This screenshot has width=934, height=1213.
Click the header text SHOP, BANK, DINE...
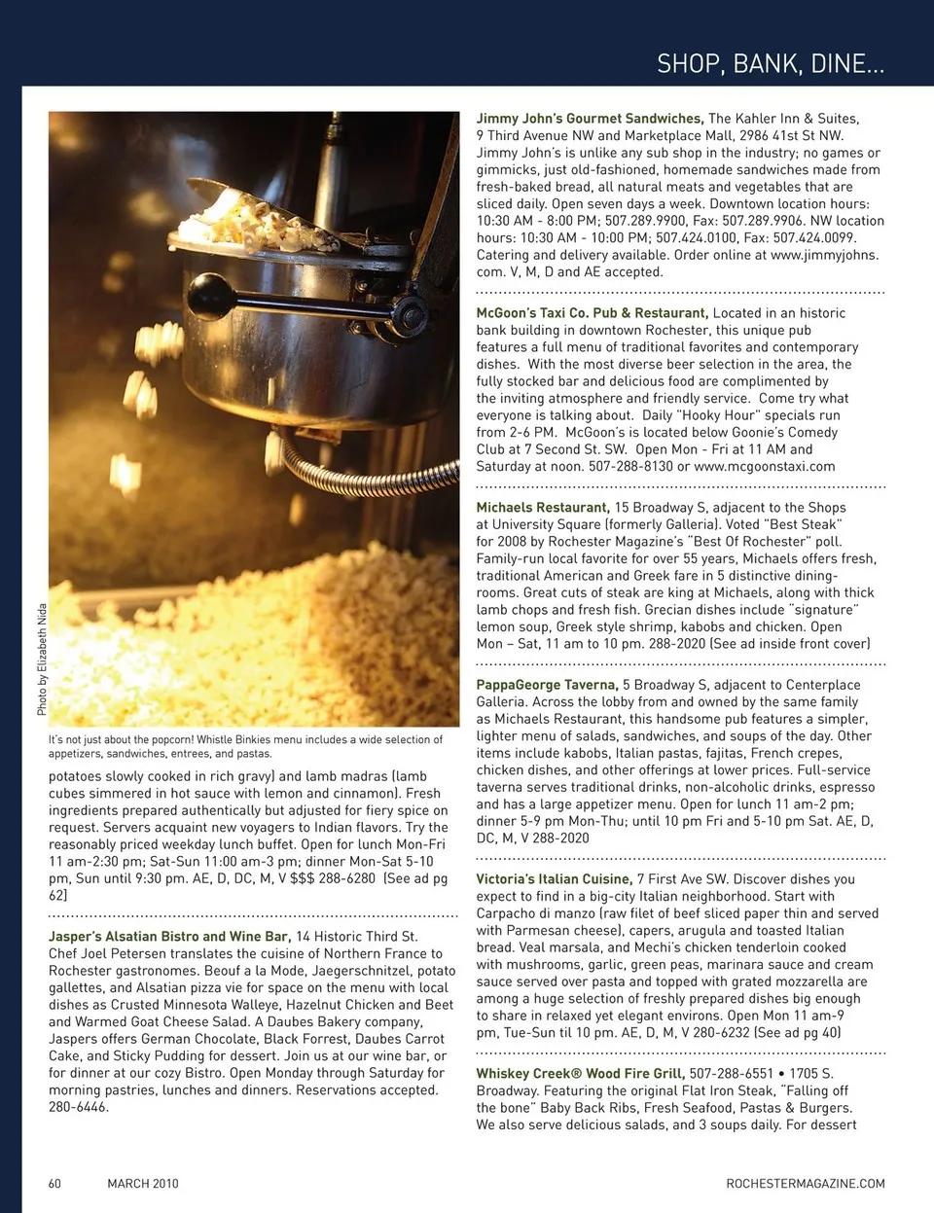(x=771, y=64)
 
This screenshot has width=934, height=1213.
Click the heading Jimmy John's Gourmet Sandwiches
(x=590, y=119)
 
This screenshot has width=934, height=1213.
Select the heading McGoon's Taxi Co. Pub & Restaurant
(x=592, y=313)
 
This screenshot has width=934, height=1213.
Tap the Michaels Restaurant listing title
(x=543, y=508)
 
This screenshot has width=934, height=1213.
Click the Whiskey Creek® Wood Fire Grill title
(x=580, y=1074)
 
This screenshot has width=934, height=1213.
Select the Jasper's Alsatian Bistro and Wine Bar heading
(x=169, y=937)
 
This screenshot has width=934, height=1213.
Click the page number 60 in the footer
(x=55, y=1184)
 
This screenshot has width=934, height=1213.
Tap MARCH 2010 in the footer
(x=143, y=1184)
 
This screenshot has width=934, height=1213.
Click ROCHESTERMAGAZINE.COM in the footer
(x=806, y=1184)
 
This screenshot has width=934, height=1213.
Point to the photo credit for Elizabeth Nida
(x=42, y=660)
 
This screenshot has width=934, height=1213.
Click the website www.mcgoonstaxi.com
(x=764, y=466)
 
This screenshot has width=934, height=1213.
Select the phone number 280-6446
(x=79, y=1107)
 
